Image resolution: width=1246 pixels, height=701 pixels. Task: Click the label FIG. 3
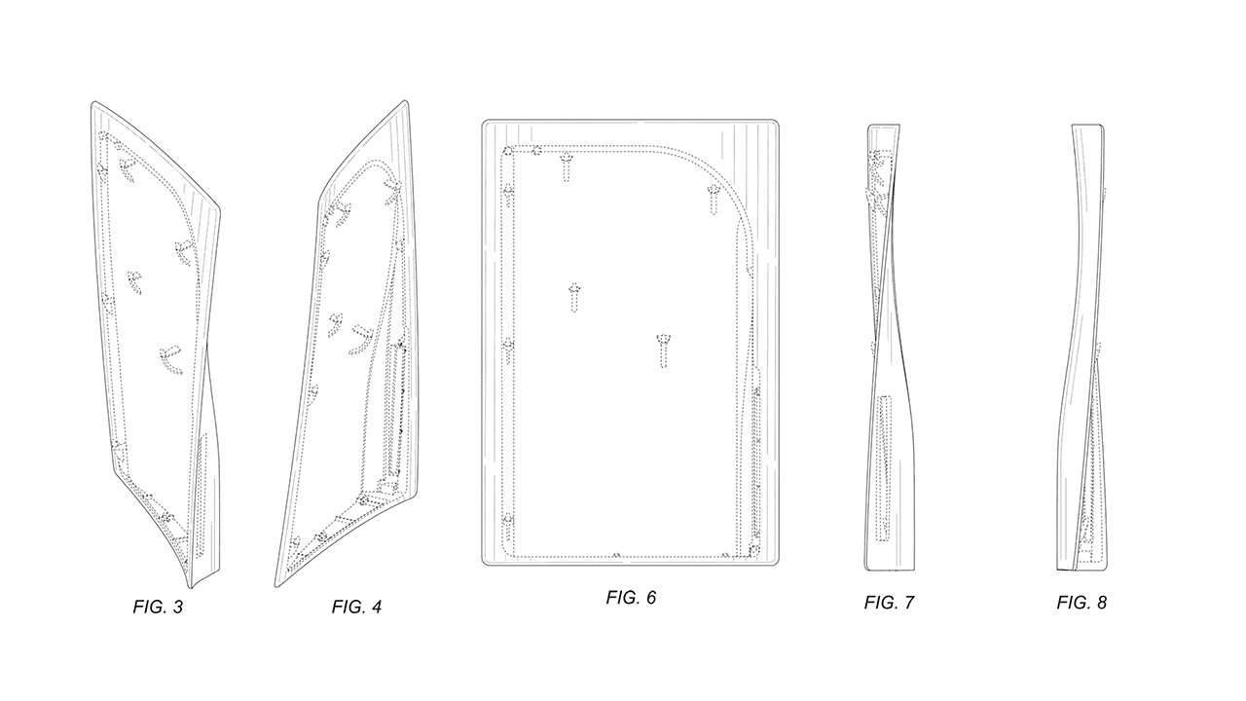[x=158, y=607]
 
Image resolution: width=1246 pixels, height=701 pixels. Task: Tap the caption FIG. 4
[x=356, y=607]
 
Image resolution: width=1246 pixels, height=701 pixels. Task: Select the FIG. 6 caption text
[x=631, y=597]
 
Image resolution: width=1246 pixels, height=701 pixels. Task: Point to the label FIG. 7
[x=889, y=603]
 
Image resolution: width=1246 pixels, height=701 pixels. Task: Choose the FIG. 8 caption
[x=1081, y=603]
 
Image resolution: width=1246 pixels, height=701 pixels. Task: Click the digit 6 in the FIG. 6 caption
[x=650, y=597]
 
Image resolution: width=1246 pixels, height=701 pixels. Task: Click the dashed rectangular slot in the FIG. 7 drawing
[x=884, y=467]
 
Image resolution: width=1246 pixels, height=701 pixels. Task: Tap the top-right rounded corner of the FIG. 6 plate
[x=772, y=126]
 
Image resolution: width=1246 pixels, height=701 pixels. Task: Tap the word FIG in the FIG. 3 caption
[x=147, y=607]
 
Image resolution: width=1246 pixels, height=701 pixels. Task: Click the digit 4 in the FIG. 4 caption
[x=376, y=607]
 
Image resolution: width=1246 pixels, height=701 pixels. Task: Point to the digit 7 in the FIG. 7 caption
[x=908, y=603]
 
